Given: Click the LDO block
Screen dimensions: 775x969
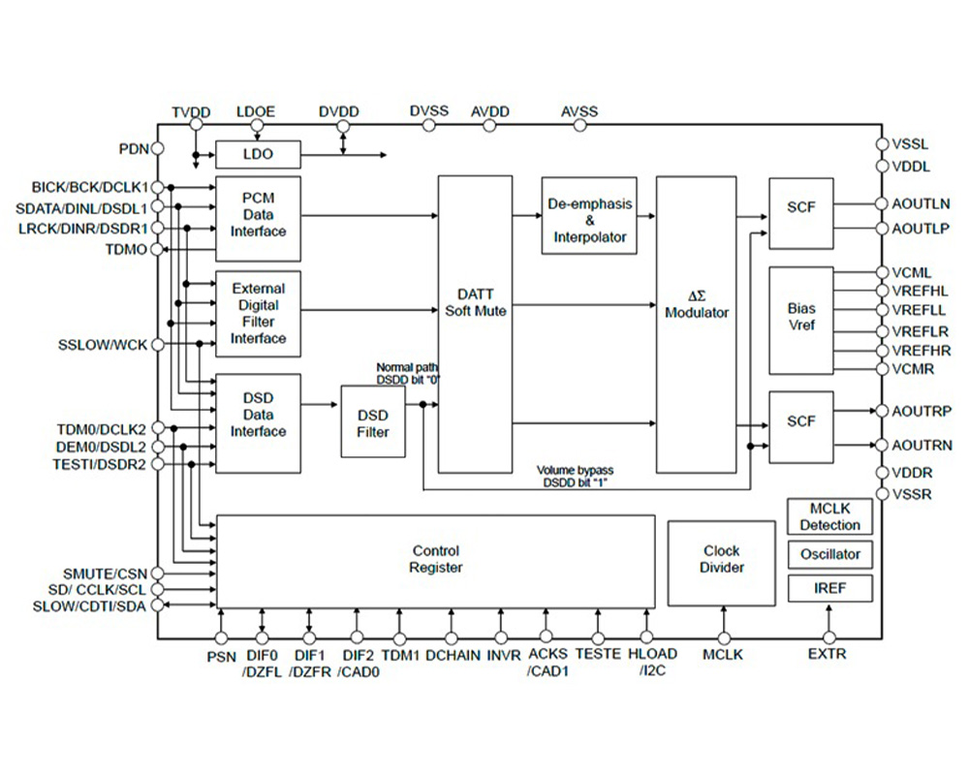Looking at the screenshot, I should (x=258, y=155).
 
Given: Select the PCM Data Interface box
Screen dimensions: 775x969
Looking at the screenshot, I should (x=258, y=218).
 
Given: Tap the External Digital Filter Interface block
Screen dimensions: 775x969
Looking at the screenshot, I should (x=258, y=313).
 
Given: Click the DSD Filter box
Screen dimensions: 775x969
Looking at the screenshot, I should (x=372, y=421).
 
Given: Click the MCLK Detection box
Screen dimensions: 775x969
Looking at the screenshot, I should (x=829, y=517).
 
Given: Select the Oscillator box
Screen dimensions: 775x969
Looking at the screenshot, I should (x=829, y=555).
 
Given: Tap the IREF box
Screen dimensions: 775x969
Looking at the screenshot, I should (x=829, y=588).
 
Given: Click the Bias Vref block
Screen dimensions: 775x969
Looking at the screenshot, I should (x=801, y=320).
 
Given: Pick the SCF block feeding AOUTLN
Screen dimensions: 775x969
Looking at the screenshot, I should (x=801, y=212).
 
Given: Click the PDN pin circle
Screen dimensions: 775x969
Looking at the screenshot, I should (x=157, y=149).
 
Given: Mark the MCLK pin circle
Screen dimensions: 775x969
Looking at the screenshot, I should (x=723, y=637).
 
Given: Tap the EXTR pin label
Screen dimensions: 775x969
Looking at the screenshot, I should (x=827, y=655).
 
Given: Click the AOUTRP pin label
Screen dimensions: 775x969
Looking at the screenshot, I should (x=925, y=411).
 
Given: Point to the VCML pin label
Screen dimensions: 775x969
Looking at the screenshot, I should (x=916, y=272).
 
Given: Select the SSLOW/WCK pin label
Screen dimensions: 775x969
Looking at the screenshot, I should (x=103, y=345).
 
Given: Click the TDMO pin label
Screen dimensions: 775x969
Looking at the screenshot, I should (x=126, y=249).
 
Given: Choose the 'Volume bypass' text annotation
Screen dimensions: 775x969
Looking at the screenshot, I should (x=575, y=470).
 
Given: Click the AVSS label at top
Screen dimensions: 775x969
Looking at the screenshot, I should (x=579, y=111).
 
